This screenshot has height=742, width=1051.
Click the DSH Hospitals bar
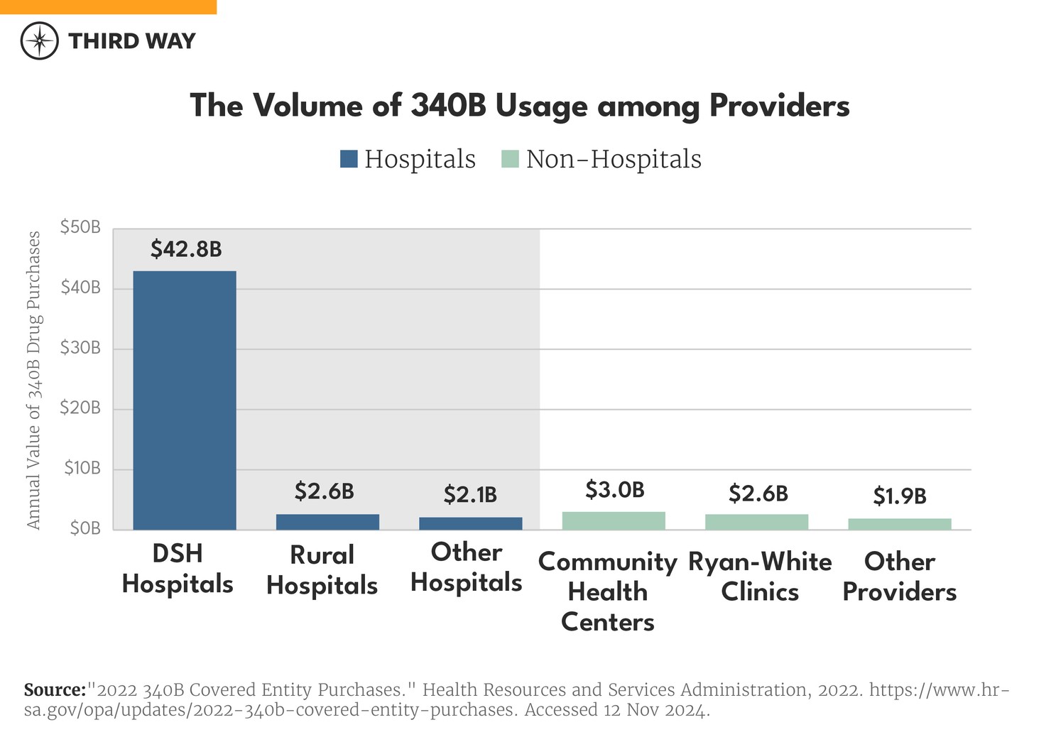[x=185, y=400]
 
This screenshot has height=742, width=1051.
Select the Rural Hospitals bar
[x=327, y=522]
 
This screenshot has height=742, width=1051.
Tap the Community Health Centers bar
[x=614, y=520]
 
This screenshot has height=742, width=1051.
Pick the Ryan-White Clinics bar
[x=756, y=522]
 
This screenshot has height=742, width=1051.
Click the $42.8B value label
[x=186, y=249]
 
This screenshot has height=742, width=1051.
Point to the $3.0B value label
[x=614, y=490]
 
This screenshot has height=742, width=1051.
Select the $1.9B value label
[x=899, y=496]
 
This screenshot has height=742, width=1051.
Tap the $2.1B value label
[x=470, y=494]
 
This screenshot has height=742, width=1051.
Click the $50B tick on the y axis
[x=80, y=228]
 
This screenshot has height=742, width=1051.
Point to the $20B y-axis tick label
[x=80, y=408]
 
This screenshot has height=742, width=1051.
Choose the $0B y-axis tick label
[x=85, y=529]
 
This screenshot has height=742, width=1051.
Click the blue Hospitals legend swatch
[x=349, y=159]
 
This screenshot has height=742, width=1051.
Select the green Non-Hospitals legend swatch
[x=510, y=159]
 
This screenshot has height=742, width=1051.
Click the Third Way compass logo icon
[x=40, y=40]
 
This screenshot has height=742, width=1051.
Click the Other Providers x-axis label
[x=899, y=577]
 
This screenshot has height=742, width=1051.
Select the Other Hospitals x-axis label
[x=466, y=567]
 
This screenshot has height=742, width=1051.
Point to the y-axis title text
[x=33, y=380]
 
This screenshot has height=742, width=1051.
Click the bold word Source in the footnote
[x=55, y=690]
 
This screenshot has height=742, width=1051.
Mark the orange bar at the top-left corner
[x=108, y=6]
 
